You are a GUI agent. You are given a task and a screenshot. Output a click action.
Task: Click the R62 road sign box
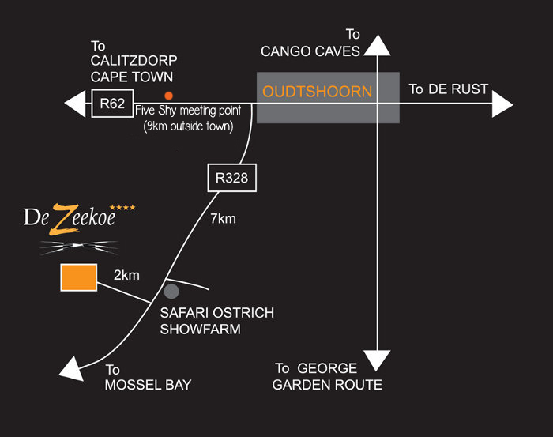point(111,104)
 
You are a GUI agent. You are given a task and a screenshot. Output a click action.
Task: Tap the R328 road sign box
point(231,178)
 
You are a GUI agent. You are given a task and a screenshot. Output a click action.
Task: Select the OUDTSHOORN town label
point(317,92)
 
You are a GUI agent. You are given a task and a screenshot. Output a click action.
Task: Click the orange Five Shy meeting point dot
point(168,95)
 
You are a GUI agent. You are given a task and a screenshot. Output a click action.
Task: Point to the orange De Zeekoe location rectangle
point(79,277)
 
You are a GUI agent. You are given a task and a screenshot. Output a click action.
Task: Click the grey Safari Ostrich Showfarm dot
point(171,291)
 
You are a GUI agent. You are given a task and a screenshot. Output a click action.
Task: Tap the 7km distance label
point(223,219)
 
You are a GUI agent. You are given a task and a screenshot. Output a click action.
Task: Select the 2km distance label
point(126,275)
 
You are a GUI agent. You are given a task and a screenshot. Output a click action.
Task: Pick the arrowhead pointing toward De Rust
point(502,104)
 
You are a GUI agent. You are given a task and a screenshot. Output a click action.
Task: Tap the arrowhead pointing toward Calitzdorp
point(76,104)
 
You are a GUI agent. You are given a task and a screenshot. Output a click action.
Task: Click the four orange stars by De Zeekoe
point(122,207)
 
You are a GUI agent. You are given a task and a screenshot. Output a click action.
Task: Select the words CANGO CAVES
point(311,51)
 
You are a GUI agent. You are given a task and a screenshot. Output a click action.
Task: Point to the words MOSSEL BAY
point(149,385)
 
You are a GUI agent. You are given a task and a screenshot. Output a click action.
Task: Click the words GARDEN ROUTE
point(327,385)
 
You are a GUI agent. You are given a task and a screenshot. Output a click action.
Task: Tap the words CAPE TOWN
point(132,77)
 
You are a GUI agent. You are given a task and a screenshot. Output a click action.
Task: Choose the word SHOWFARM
point(200,330)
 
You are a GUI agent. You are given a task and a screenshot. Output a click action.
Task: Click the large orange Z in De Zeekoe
point(58,219)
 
